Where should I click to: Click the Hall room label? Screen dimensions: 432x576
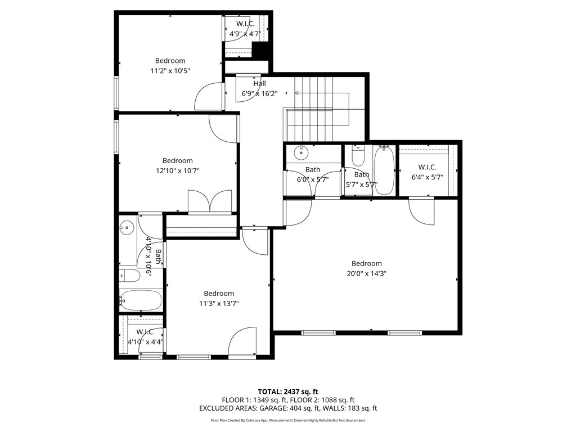click(259, 84)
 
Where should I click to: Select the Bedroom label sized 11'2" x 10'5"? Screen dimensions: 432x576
click(170, 61)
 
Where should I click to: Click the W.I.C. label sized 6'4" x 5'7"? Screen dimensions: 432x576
click(427, 167)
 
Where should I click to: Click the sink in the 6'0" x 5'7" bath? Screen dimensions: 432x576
click(301, 151)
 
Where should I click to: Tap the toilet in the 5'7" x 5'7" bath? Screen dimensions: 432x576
click(358, 155)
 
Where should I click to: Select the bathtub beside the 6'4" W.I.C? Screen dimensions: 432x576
click(384, 170)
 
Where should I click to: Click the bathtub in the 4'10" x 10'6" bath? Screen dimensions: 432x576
click(141, 300)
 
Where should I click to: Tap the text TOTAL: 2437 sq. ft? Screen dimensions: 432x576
click(288, 391)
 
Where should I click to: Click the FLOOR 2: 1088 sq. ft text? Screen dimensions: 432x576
click(321, 400)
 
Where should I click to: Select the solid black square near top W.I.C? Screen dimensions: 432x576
click(261, 51)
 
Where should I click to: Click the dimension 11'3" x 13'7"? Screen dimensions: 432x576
click(219, 304)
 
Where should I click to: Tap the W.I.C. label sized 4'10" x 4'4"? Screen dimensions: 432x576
click(145, 332)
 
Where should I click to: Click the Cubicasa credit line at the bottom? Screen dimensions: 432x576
click(288, 420)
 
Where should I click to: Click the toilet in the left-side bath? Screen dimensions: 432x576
click(130, 276)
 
